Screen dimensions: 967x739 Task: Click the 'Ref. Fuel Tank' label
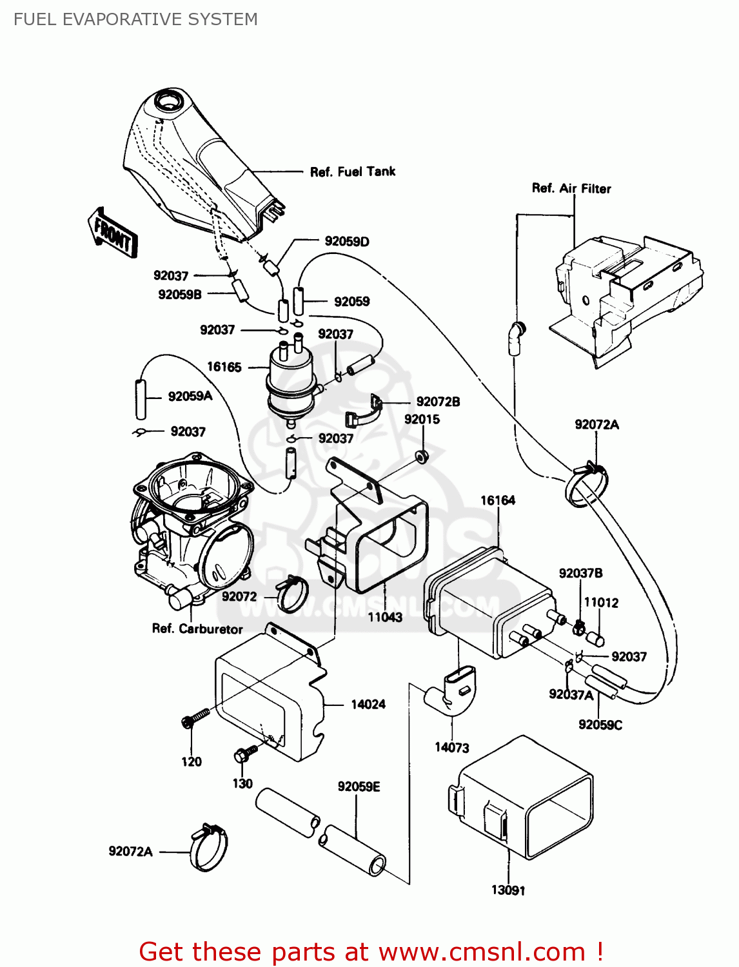[352, 171]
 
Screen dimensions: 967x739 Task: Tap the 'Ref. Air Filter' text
[571, 188]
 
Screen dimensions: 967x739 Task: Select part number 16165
[224, 367]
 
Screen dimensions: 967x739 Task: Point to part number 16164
[497, 500]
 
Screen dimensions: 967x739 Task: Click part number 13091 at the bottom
[508, 890]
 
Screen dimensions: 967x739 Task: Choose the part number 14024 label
[368, 704]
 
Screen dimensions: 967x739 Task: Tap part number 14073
[451, 747]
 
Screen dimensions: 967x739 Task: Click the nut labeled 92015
[422, 456]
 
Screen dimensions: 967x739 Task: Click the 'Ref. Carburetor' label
[197, 629]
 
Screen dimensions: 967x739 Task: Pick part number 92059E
[359, 786]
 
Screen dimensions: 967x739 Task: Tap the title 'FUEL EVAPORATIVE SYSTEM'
[135, 19]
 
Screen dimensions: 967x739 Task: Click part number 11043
[385, 617]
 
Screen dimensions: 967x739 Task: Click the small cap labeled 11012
[595, 639]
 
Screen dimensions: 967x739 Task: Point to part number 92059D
[347, 241]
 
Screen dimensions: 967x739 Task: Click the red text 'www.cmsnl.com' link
[481, 952]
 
